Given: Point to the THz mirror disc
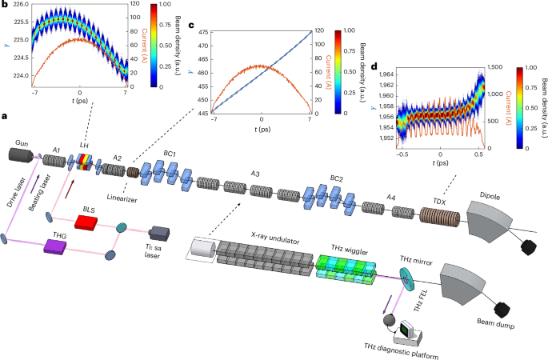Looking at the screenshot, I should click(408, 274).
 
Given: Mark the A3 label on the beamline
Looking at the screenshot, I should click(255, 173).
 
